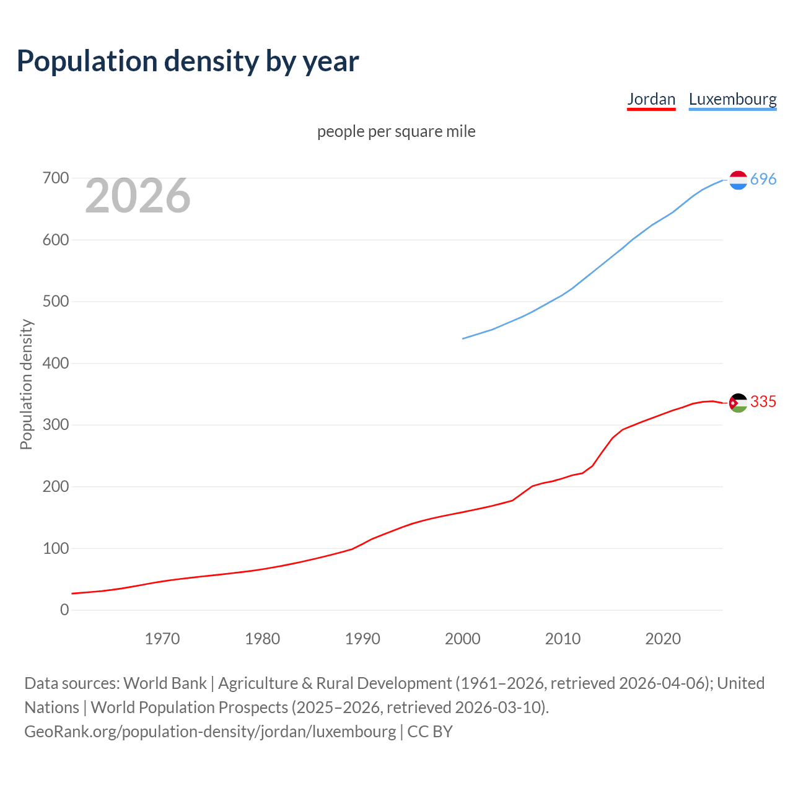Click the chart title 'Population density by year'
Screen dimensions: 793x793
point(188,61)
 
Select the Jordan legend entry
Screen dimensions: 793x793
point(651,99)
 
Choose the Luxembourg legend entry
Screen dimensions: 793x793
point(732,99)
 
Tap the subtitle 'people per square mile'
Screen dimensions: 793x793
point(396,131)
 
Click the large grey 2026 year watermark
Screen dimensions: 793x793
point(138,196)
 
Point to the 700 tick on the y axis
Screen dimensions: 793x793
point(55,178)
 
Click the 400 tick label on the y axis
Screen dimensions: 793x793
point(55,363)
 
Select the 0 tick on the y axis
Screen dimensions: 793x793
point(64,610)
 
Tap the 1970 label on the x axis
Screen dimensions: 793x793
point(162,638)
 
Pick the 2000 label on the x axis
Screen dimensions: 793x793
point(463,638)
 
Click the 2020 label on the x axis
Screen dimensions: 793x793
point(663,638)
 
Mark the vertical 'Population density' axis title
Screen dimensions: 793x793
point(26,384)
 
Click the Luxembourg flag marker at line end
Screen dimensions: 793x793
point(738,180)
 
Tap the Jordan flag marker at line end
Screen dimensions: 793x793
point(738,403)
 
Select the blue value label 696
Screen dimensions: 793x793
point(763,179)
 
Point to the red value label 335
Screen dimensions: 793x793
point(763,402)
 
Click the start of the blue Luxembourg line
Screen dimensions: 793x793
point(463,338)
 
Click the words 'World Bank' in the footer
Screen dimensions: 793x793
point(165,683)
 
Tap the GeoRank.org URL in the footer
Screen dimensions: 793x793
point(210,732)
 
